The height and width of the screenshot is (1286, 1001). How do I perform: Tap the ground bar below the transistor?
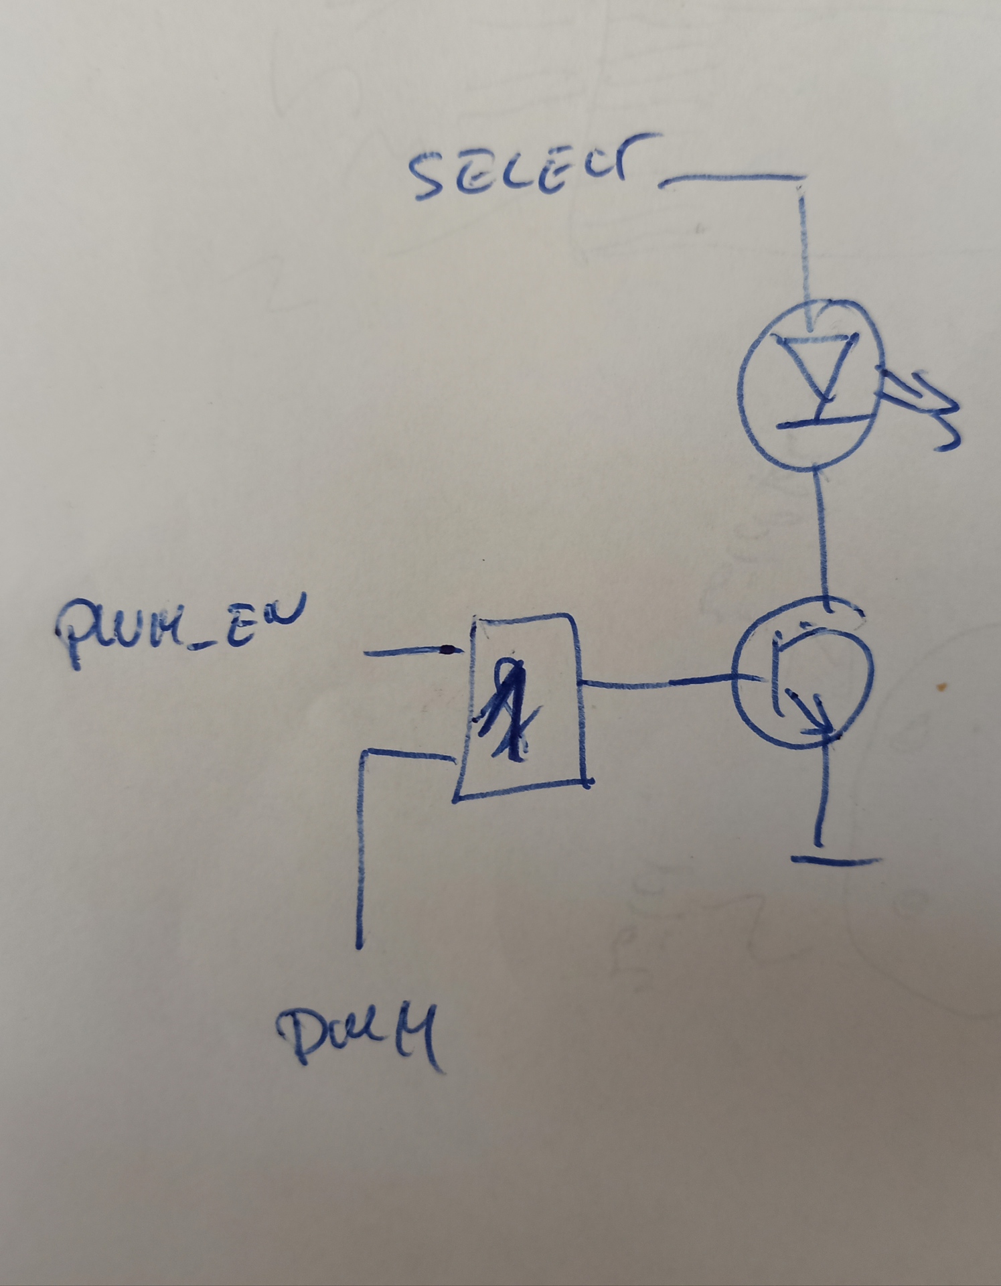click(834, 859)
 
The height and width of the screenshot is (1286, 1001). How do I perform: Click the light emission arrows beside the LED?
click(924, 409)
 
